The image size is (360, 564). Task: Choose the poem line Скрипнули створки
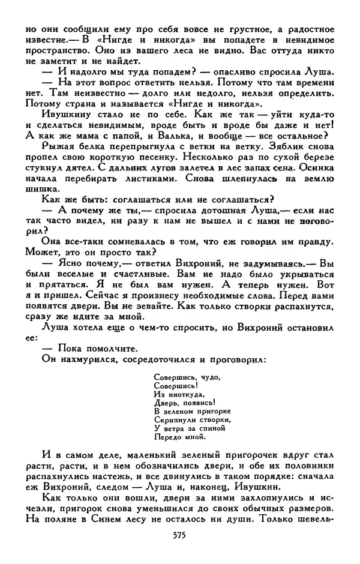(189, 420)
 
